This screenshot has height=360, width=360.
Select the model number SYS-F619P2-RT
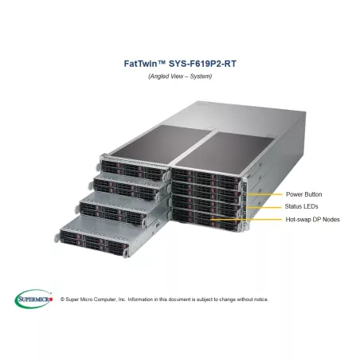[202, 64]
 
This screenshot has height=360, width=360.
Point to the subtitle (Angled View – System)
[180, 76]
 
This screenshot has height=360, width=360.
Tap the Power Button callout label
[304, 194]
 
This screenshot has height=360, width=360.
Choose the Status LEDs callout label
[301, 206]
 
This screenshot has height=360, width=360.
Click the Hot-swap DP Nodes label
[312, 220]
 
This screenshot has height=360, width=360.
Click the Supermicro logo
[33, 299]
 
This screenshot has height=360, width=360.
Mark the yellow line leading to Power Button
[264, 194]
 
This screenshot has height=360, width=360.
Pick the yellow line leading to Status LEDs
[264, 207]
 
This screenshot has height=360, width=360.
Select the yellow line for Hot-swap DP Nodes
[246, 220]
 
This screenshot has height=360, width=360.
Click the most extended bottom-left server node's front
[93, 243]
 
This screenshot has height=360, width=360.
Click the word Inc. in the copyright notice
[122, 299]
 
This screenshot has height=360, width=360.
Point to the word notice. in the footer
[260, 299]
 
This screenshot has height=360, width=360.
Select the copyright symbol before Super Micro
[63, 299]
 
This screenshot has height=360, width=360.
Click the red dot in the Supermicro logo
[51, 299]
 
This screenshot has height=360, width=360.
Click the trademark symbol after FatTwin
[162, 62]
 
